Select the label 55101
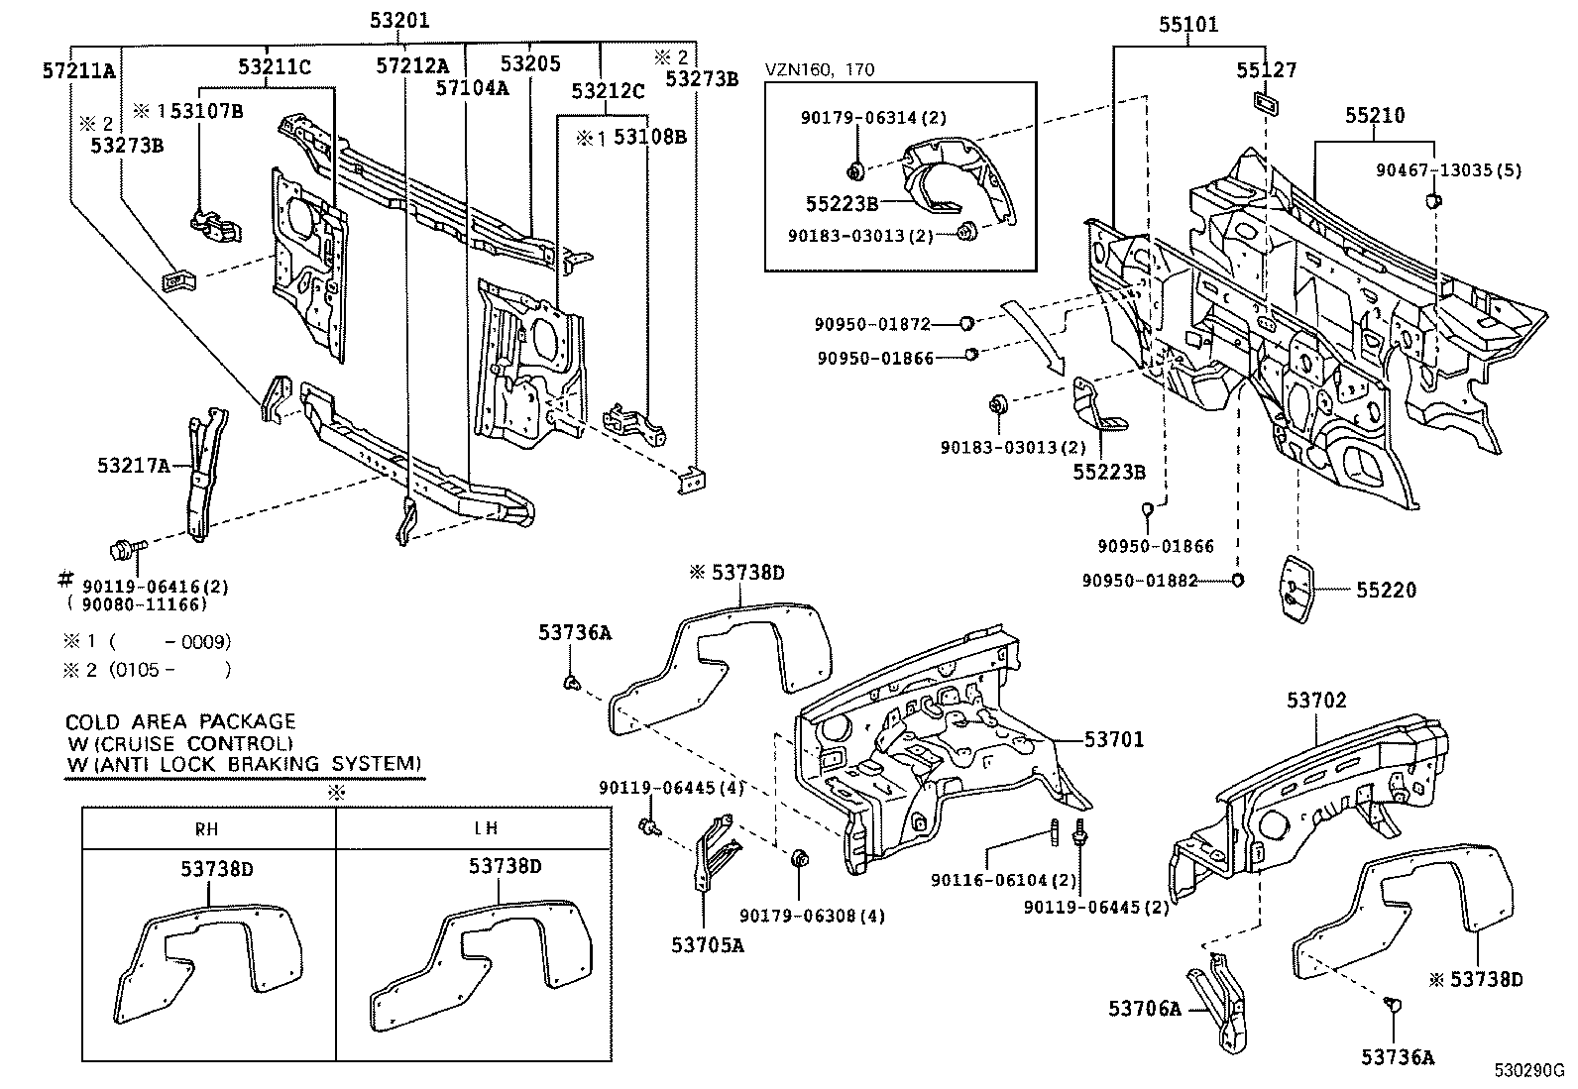[1188, 25]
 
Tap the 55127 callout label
[1266, 70]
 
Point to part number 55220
[1387, 591]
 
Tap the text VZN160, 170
[820, 69]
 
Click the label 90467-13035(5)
[1448, 170]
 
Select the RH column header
[208, 828]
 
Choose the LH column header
[486, 828]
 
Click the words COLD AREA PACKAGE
[180, 721]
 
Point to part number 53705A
[708, 944]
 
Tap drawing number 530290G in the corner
[1529, 1071]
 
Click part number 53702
[1317, 701]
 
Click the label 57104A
[473, 88]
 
